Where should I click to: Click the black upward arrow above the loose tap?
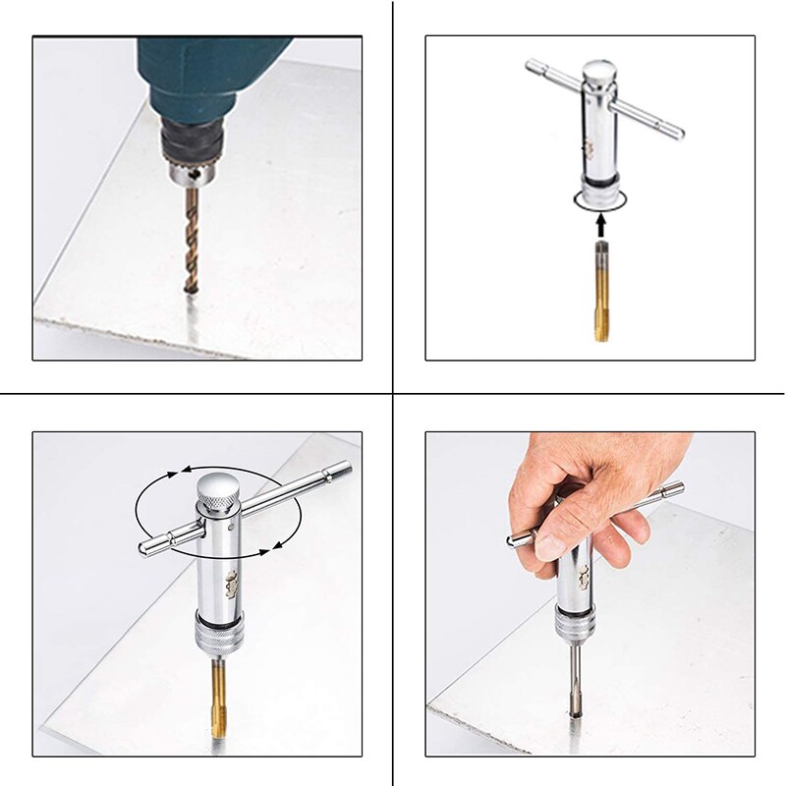point(600,225)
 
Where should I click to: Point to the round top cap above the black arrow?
point(598,73)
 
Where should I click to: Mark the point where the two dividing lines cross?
point(393,394)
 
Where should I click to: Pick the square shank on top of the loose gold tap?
point(600,257)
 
